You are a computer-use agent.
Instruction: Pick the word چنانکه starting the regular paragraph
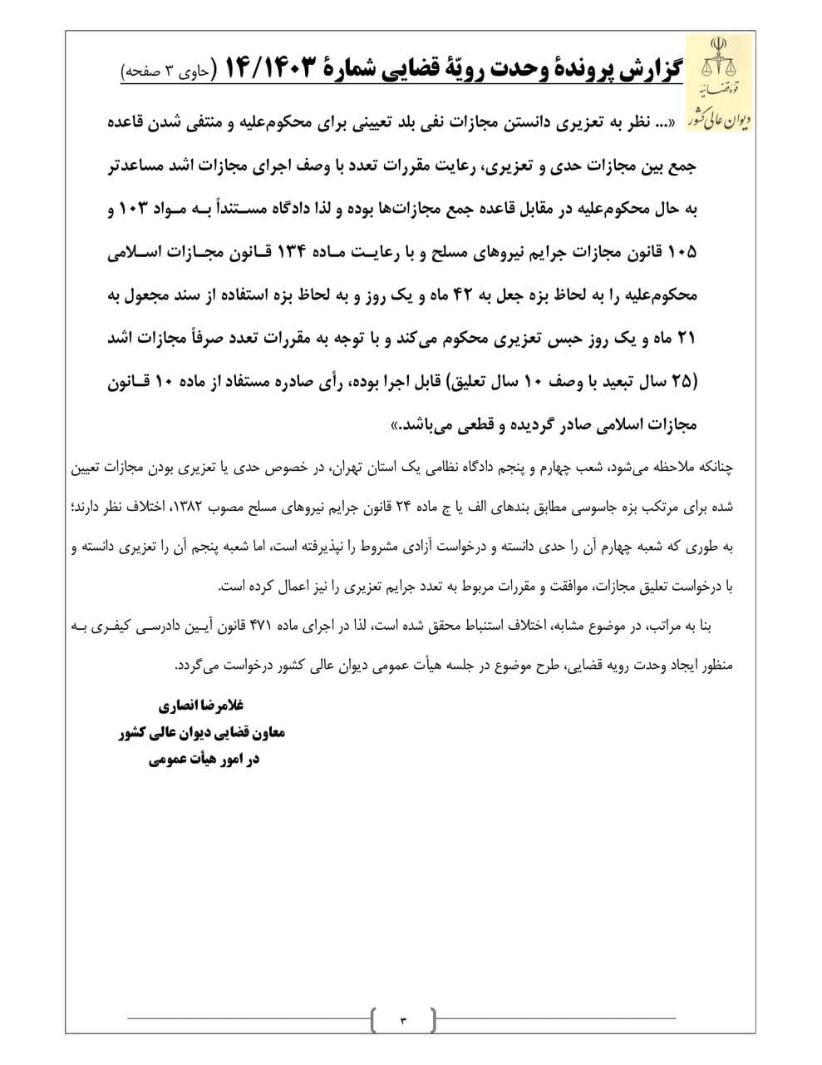pos(711,467)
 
